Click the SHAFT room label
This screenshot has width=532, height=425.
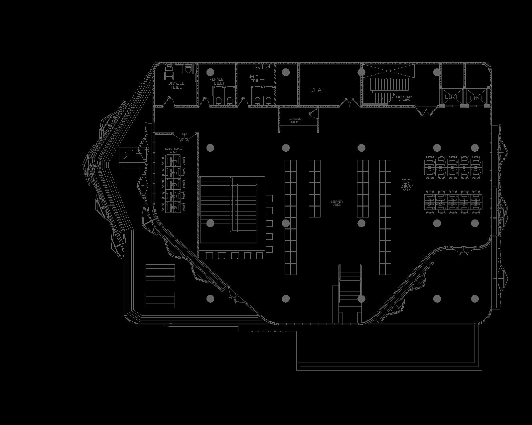[x=320, y=90]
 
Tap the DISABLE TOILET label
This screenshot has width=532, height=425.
[x=176, y=85]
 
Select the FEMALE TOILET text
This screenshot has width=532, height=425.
[x=217, y=81]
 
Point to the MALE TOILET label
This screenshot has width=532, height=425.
[x=256, y=79]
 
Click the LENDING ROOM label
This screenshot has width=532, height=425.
[x=295, y=121]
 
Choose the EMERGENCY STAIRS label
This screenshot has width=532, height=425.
[x=404, y=98]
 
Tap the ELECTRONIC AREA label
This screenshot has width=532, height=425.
[x=174, y=150]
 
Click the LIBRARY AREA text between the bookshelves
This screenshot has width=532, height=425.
[x=337, y=203]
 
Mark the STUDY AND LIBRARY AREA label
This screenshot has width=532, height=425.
[x=406, y=185]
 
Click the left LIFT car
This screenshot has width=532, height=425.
[x=452, y=97]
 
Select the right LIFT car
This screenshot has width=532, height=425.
[x=476, y=98]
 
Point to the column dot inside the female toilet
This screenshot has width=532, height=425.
[x=210, y=72]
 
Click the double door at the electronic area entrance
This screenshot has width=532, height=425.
[x=184, y=136]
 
